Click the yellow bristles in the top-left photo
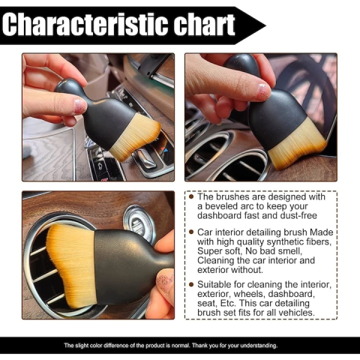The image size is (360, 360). pos(135,139)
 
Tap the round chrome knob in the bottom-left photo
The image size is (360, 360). pos(139,222)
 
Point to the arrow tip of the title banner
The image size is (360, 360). pos(263,25)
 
